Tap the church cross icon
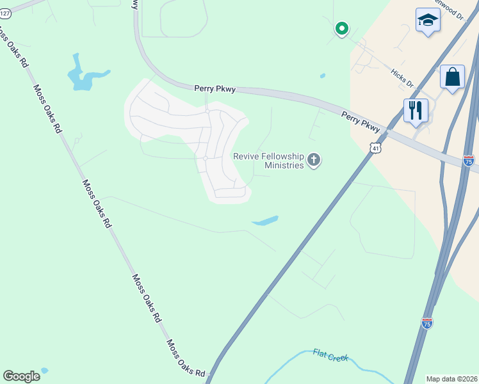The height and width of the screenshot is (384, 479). tap(313, 160)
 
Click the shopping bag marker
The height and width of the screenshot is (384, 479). tap(452, 77)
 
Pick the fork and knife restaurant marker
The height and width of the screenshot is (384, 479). tap(416, 110)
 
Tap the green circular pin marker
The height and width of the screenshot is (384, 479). tap(342, 28)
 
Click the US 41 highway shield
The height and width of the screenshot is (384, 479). tap(374, 148)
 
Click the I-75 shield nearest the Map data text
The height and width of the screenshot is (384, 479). tap(427, 323)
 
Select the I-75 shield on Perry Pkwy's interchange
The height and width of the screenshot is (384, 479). tap(469, 161)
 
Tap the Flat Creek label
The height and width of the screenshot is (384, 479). tap(330, 355)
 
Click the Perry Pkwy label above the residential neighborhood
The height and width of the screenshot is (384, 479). tap(215, 90)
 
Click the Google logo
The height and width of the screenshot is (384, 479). tap(22, 376)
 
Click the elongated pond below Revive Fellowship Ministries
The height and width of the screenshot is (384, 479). tap(265, 221)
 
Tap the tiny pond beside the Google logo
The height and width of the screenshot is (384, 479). tap(44, 371)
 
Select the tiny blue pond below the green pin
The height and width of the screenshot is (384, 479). tap(322, 76)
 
